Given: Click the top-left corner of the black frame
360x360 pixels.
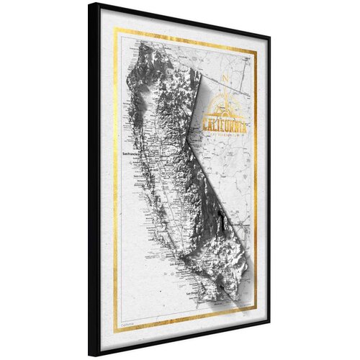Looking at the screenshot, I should coord(89,4).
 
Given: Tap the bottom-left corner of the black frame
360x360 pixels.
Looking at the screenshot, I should coord(89,356).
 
